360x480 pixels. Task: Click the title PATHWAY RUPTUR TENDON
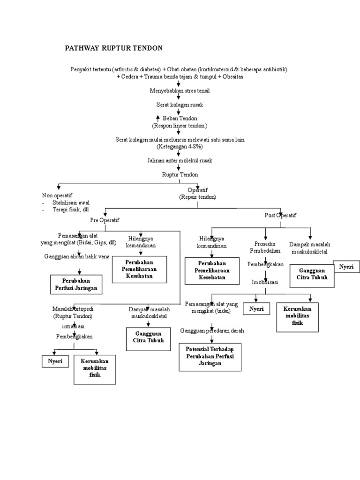[113, 48]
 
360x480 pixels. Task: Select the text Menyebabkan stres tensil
[180, 90]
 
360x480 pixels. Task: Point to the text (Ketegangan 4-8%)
[180, 146]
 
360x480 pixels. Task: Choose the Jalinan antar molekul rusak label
[180, 160]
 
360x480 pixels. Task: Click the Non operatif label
[57, 195]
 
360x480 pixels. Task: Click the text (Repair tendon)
[197, 197]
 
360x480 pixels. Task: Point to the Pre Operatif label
[105, 219]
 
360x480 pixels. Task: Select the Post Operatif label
[280, 215]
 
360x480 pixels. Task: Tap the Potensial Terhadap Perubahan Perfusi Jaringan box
[210, 356]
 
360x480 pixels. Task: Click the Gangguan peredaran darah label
[212, 330]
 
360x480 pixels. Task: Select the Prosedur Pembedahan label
[265, 247]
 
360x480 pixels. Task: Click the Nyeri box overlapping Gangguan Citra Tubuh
[346, 267]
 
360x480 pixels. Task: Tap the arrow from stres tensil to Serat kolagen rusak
[179, 97]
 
